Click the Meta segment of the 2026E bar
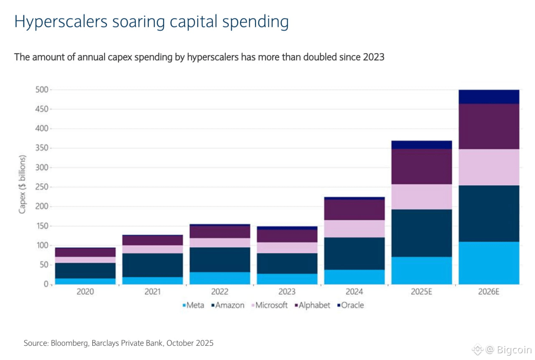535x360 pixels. point(489,263)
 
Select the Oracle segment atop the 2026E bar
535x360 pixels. point(489,97)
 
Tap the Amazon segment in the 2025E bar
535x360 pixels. point(422,233)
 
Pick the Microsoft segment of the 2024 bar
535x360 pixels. point(354,229)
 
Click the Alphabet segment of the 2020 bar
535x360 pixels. point(85,253)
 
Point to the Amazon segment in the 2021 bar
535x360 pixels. point(153,265)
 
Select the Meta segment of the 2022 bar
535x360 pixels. point(220,278)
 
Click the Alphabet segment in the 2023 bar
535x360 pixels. point(287,236)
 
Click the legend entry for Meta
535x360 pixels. point(193,305)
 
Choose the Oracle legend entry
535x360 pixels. point(350,305)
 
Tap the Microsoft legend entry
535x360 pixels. point(270,305)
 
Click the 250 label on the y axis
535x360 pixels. point(42,187)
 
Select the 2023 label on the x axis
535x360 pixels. point(287,292)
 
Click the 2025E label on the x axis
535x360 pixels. point(422,292)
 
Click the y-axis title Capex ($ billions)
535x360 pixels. point(22,184)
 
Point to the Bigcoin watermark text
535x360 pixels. point(514,350)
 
